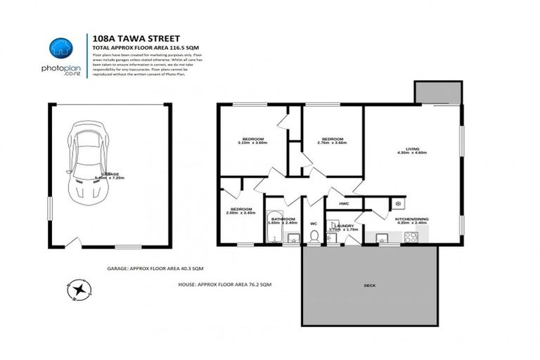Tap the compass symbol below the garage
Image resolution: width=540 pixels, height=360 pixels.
point(83,288)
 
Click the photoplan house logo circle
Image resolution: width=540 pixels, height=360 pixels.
point(60,48)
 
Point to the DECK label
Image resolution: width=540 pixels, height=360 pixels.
point(369,285)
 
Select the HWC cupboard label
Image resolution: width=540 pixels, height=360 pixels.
point(344,204)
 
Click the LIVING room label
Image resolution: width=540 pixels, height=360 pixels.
point(412,149)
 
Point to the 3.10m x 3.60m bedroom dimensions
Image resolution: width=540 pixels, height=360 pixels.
point(252,143)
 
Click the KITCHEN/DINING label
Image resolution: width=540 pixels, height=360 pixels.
point(412,220)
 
